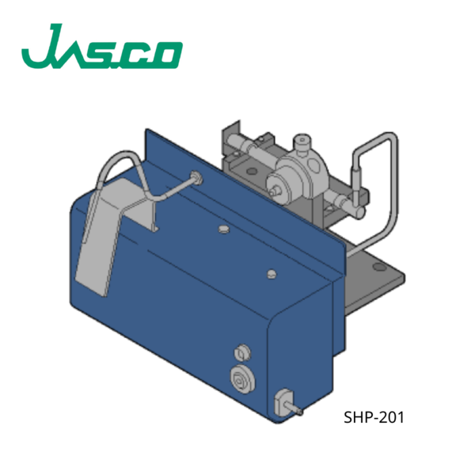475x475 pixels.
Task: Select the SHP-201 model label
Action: pos(374,417)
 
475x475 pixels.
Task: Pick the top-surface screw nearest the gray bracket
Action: pos(222,230)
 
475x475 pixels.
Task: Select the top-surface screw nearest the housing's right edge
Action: pos(272,274)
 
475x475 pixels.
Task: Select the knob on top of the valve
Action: pos(302,145)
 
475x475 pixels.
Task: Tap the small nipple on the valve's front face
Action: pos(273,189)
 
